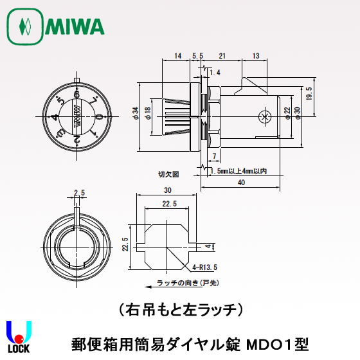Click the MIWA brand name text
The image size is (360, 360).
tap(75, 27)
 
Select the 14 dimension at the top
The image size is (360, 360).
tap(178, 56)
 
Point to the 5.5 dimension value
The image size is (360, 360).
tap(197, 56)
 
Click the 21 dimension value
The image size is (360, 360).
tap(222, 56)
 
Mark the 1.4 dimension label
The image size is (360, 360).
tap(215, 73)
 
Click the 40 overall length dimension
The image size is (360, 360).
tap(240, 183)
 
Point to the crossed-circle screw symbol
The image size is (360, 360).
tap(262, 116)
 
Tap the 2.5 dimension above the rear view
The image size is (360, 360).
tap(80, 192)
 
